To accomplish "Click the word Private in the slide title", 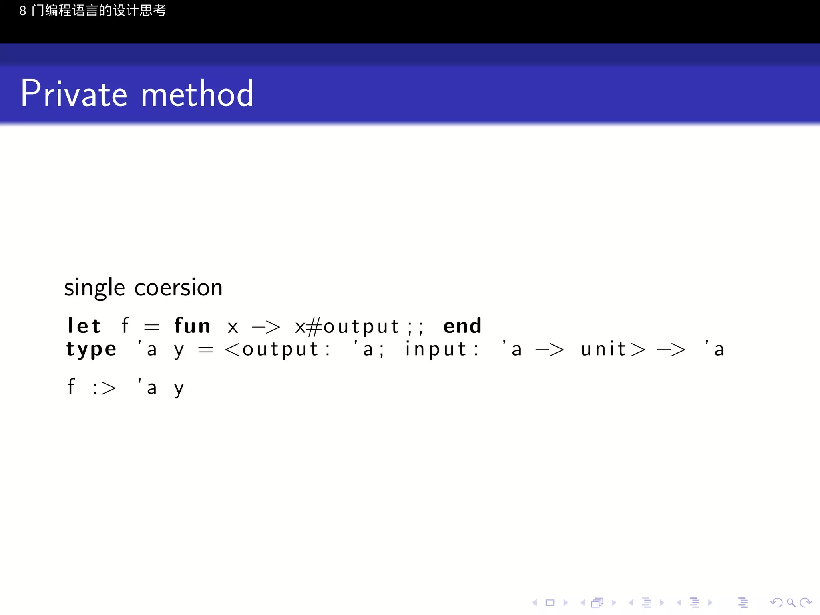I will click(x=74, y=94).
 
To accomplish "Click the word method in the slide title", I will click(x=197, y=94).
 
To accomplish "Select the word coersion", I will click(x=178, y=287).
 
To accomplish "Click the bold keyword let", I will click(x=84, y=326).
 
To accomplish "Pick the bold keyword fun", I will click(x=192, y=326).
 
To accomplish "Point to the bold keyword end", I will click(x=462, y=326).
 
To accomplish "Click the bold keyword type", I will click(x=91, y=350).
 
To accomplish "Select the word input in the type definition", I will click(x=436, y=349).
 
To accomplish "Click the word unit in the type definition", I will click(x=603, y=349).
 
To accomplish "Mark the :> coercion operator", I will click(x=104, y=388).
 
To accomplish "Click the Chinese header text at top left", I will click(x=92, y=10).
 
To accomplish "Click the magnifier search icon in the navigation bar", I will click(x=791, y=603).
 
